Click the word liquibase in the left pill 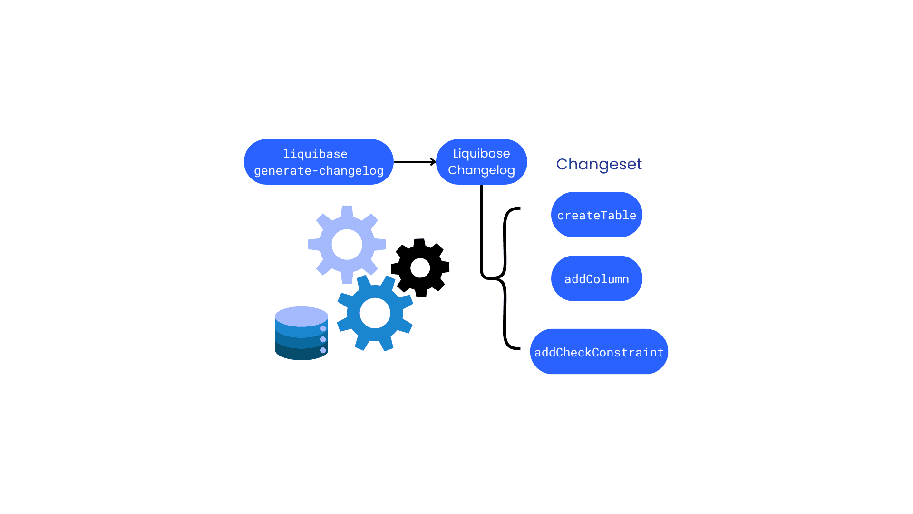tap(315, 154)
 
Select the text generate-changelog tap(319, 171)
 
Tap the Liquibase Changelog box tap(481, 162)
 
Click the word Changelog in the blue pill tap(481, 170)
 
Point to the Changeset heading tap(599, 164)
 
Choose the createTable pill tap(596, 215)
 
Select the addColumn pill tap(596, 278)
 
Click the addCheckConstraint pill tap(599, 352)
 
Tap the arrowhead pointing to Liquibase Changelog tap(433, 162)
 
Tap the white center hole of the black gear tap(420, 268)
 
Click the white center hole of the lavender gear tap(347, 245)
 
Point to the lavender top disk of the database tap(301, 316)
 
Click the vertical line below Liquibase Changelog tap(482, 228)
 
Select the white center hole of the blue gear tap(375, 313)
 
